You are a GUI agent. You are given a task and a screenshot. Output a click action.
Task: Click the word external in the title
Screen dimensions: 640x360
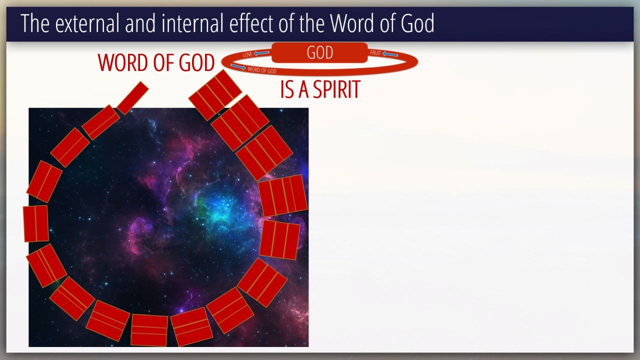(87, 23)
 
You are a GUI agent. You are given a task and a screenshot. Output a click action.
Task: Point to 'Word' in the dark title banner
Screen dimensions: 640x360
(351, 23)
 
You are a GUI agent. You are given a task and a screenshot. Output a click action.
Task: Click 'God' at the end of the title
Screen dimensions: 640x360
(417, 23)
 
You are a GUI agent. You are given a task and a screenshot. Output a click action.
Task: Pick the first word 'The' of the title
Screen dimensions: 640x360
(35, 23)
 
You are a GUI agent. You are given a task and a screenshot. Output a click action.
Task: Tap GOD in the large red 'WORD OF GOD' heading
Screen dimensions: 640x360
(196, 62)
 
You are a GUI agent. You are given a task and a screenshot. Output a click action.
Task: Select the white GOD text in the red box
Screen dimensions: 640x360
(319, 52)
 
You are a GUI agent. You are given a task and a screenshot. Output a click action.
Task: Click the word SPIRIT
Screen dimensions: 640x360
(336, 89)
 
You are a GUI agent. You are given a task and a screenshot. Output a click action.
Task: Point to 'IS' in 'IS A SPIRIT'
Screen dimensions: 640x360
(287, 89)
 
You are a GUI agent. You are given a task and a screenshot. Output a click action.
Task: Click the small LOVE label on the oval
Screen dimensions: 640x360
(247, 54)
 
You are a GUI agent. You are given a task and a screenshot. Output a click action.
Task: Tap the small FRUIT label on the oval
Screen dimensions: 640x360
(375, 53)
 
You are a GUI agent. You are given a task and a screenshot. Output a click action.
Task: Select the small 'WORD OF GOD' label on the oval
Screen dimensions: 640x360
(262, 70)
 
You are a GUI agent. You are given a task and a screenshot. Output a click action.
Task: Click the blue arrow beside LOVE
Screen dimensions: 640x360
(261, 53)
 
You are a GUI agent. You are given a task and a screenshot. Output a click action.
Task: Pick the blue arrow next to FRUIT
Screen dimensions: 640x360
(390, 54)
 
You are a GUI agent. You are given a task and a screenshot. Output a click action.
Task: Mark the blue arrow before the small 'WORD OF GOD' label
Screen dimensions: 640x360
(238, 67)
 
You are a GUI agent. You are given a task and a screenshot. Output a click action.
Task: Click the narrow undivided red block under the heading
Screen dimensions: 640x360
(132, 98)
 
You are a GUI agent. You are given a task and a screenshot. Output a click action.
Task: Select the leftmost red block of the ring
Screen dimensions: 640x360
(35, 223)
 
